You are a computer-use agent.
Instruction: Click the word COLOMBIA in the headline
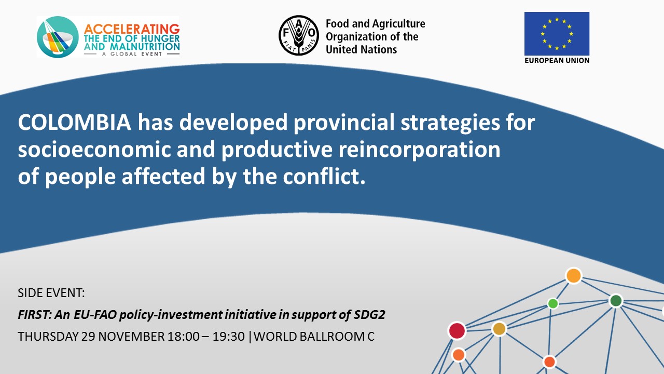tap(74, 122)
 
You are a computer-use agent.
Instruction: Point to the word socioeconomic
tap(94, 149)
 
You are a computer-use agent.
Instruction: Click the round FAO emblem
tap(299, 36)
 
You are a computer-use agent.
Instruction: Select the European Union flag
tap(557, 34)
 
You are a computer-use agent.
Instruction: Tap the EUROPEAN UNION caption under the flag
tap(557, 61)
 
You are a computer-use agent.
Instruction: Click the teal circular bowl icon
tap(58, 37)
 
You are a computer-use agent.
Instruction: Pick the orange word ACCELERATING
tap(132, 29)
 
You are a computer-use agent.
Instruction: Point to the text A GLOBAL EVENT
tap(132, 54)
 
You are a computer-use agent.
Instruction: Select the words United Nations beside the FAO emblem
tap(361, 49)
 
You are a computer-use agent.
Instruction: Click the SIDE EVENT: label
tap(51, 293)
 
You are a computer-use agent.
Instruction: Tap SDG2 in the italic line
tap(369, 315)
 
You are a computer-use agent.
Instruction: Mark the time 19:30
tap(229, 337)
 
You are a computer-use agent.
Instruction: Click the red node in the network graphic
tap(457, 331)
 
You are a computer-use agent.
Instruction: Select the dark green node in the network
tap(616, 301)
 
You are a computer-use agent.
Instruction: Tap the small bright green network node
tap(553, 303)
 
